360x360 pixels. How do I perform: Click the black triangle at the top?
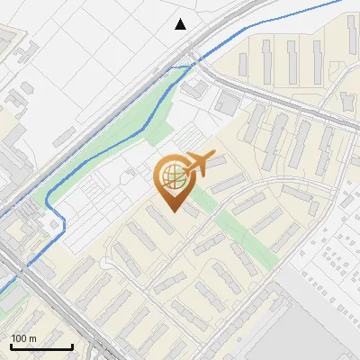[181, 24]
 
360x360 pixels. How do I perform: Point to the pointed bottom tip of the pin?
[173, 211]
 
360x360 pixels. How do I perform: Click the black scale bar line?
[40, 346]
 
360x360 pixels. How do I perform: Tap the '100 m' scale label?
[24, 338]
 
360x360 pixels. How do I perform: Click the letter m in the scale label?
[33, 338]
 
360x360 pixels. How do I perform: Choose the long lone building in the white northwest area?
[64, 135]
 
